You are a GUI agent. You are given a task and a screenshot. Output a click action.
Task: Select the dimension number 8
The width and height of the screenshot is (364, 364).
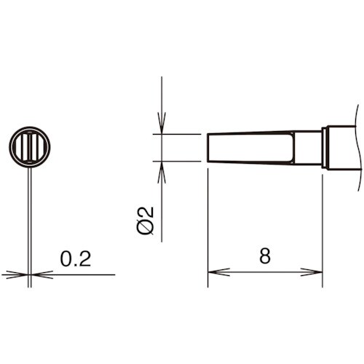[x=264, y=256]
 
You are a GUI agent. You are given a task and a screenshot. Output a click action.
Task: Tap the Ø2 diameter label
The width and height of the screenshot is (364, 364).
[x=146, y=220]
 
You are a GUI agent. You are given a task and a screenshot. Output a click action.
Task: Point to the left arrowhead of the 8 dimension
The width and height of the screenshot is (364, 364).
[x=213, y=273]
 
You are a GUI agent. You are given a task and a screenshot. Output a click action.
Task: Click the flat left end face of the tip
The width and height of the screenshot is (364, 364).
[x=208, y=148]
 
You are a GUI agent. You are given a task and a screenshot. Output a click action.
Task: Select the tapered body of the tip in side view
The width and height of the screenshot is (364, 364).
[x=248, y=148]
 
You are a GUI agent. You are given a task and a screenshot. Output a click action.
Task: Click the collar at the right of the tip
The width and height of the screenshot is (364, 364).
[x=325, y=148]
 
